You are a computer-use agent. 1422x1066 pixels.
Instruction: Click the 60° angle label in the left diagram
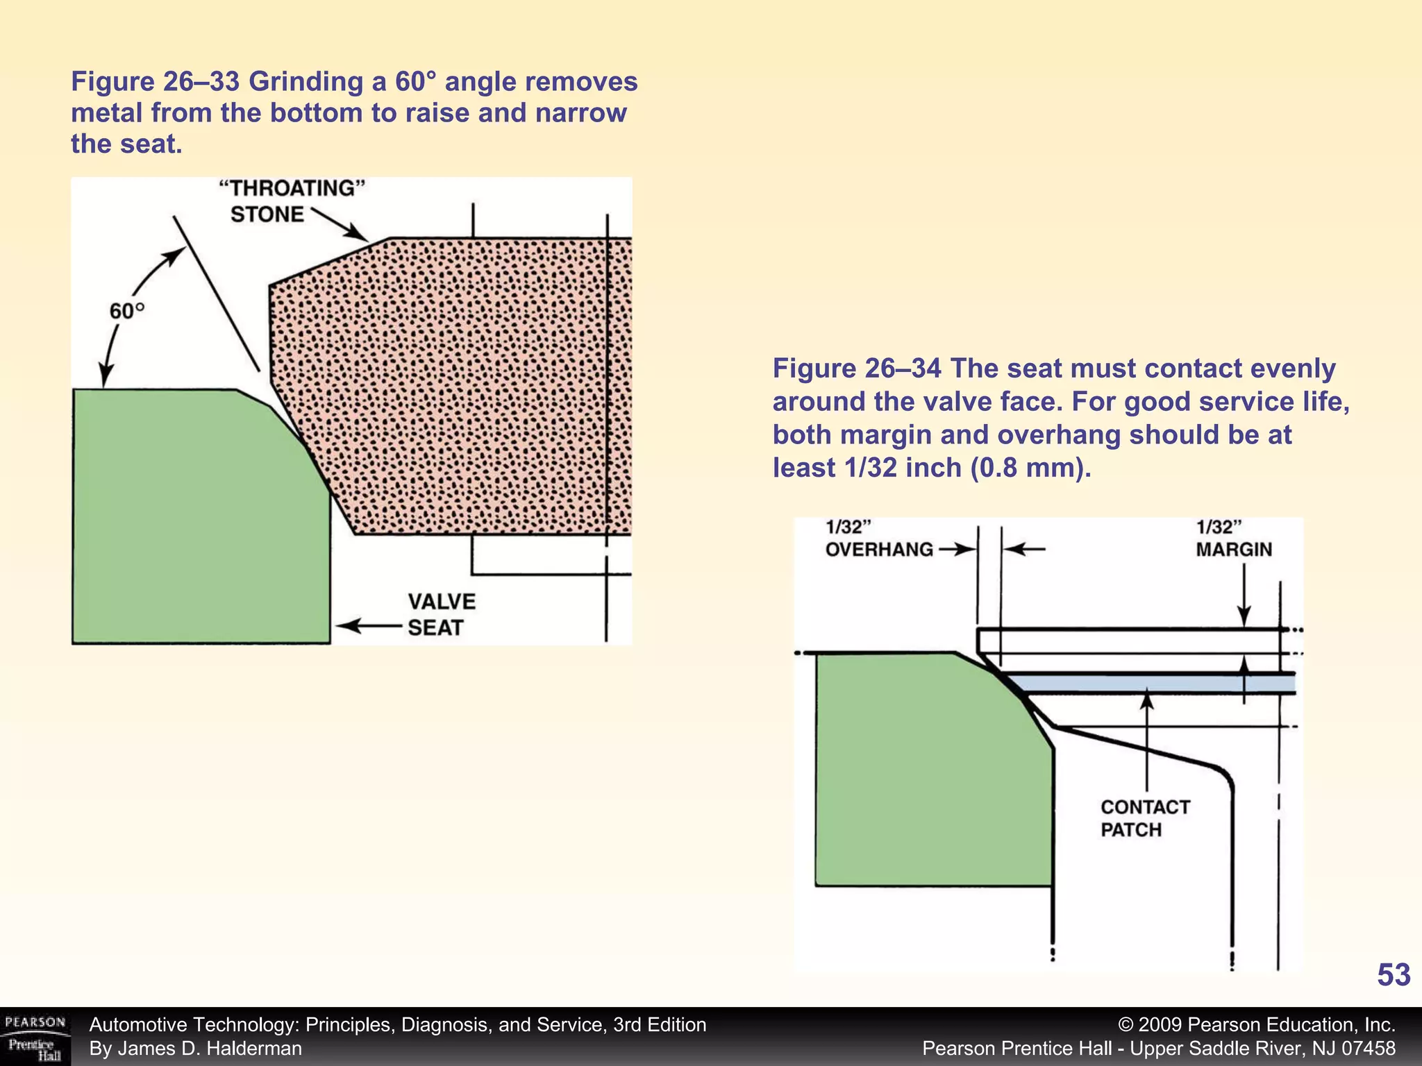point(127,311)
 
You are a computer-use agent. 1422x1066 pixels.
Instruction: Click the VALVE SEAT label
point(441,614)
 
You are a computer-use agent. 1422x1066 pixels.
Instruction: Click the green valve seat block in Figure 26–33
point(194,521)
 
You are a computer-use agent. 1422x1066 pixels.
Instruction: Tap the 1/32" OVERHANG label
point(878,539)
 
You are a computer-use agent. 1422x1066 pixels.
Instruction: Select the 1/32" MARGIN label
point(1233,539)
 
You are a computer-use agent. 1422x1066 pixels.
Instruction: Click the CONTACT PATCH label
point(1145,818)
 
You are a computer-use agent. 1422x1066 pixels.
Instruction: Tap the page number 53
point(1393,975)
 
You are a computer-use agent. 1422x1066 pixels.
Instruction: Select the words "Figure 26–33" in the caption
point(155,82)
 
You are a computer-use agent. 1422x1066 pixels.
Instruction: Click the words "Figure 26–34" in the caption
point(856,369)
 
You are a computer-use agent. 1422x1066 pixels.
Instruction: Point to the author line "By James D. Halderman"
point(196,1049)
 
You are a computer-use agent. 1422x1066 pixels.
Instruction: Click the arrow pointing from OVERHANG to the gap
point(957,550)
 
